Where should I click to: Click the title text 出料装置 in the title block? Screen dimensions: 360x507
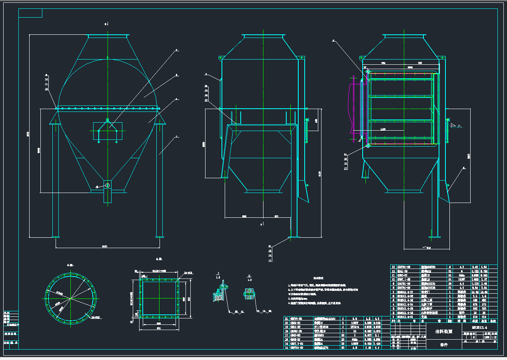coord(444,331)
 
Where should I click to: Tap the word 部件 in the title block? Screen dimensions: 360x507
coord(444,344)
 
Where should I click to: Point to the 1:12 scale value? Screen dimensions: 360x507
coord(494,337)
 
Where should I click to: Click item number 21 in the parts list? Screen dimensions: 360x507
coord(286,318)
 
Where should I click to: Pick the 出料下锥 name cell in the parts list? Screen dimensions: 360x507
coord(428,304)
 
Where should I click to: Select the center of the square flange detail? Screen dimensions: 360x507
coord(158,299)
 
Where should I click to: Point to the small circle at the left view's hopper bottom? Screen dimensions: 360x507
coord(107,185)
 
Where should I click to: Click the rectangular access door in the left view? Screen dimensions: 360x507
coord(107,131)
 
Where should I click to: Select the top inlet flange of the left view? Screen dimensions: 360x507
coord(108,36)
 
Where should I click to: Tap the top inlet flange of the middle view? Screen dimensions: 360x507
coord(263,36)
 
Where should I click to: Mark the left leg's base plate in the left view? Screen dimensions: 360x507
coord(56,237)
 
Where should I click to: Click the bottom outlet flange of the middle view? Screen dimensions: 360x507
coord(263,191)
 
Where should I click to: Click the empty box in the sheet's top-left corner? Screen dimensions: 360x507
coord(30,13)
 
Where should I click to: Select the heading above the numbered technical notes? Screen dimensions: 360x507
coord(318,278)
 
